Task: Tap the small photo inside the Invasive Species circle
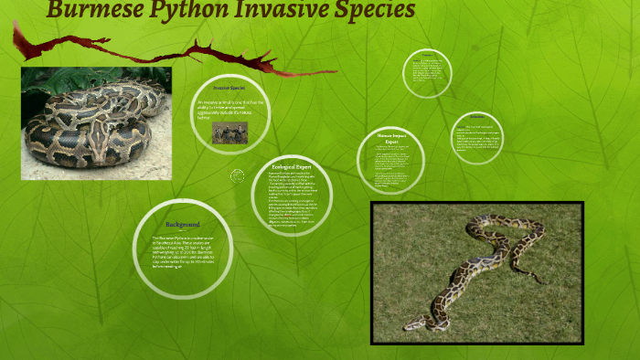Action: pos(229,132)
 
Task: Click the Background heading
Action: pos(183,224)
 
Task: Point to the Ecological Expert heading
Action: pos(293,167)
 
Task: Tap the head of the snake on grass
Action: pos(415,323)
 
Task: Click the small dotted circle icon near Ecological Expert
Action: pos(238,175)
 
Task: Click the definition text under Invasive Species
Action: pos(230,109)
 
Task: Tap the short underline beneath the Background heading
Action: pos(183,231)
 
